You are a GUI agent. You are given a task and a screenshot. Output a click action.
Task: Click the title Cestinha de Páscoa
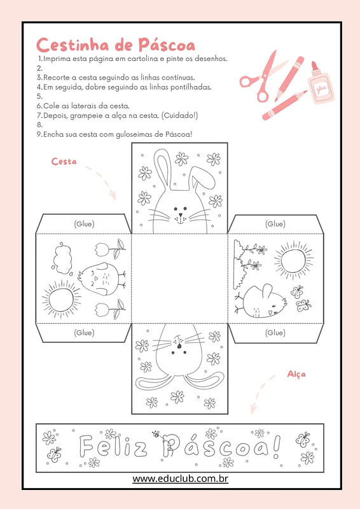coord(116,45)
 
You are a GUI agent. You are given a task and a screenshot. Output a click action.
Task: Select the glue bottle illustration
coord(320,83)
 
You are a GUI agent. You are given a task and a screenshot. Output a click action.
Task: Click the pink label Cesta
coord(64,162)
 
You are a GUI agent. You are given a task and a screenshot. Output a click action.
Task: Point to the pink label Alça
coord(296,374)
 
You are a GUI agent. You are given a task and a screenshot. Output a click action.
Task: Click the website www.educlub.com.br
coord(180,478)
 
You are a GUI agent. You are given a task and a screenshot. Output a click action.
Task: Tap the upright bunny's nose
coord(181,215)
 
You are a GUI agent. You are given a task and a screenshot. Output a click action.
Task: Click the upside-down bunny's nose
coord(179,346)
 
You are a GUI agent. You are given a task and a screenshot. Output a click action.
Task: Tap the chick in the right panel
coord(261,301)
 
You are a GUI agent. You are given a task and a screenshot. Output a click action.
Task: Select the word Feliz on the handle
coord(113,447)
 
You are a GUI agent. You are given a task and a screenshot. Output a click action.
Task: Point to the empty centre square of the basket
coord(179,278)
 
